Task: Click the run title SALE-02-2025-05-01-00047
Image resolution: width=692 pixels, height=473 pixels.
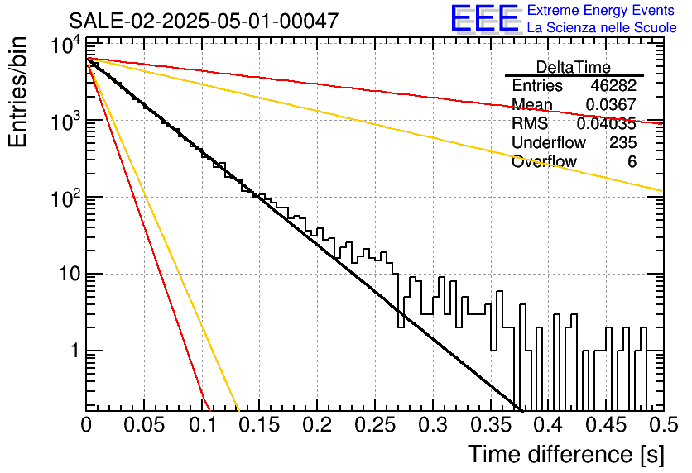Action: click(x=204, y=21)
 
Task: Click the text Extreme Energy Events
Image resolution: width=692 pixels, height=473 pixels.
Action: click(x=601, y=10)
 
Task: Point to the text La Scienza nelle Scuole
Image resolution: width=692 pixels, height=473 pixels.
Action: click(x=602, y=27)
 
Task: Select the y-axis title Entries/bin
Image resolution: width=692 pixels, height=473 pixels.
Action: click(x=18, y=92)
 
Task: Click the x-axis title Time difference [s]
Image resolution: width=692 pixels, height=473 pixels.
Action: click(x=566, y=455)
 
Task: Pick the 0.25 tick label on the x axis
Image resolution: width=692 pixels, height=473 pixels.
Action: click(x=375, y=425)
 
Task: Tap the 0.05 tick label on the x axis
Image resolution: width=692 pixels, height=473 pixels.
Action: click(x=144, y=425)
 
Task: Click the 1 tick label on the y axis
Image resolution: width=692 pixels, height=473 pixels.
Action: click(x=74, y=351)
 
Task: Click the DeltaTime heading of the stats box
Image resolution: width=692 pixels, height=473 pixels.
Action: click(x=574, y=67)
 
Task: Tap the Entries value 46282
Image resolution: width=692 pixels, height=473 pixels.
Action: click(x=613, y=85)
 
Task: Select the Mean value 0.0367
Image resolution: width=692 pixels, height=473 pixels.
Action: click(x=611, y=104)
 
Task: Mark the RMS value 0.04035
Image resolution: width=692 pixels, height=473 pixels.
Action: click(x=607, y=124)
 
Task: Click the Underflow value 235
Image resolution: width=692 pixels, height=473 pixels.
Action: click(x=622, y=142)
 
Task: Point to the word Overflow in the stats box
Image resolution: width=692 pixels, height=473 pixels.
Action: click(x=544, y=161)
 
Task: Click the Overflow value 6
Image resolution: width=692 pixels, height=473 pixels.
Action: click(x=632, y=162)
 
